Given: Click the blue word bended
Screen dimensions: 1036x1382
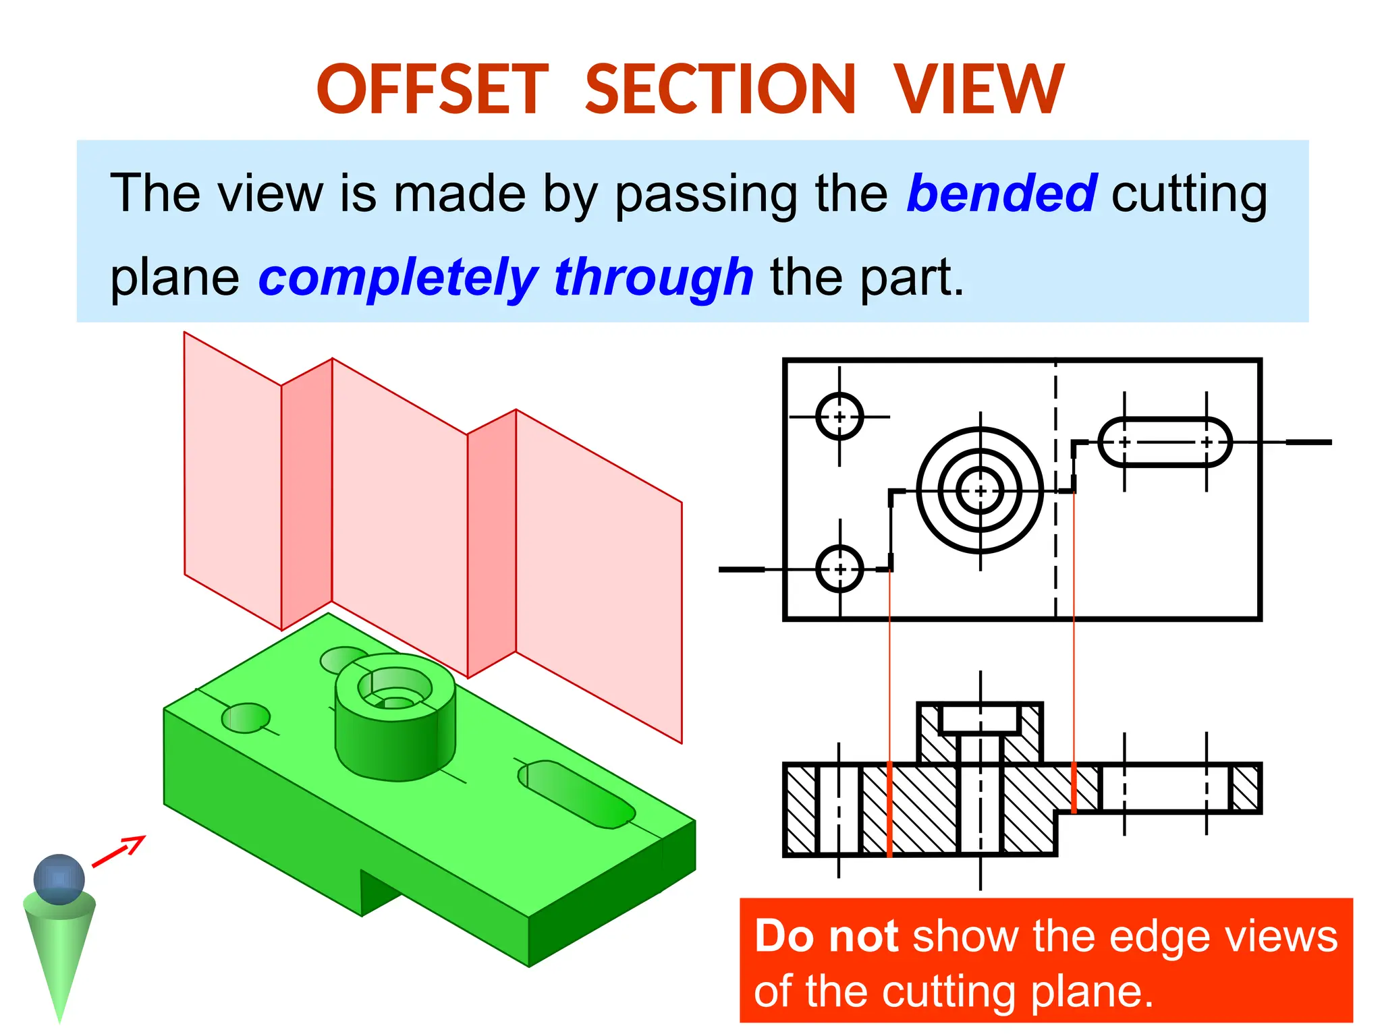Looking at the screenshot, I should pyautogui.click(x=1001, y=194).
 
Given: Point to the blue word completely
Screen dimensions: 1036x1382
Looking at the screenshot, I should pyautogui.click(x=397, y=277).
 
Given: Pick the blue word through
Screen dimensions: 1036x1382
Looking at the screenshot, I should pyautogui.click(x=653, y=277).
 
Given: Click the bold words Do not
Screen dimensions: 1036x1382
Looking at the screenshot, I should pyautogui.click(x=825, y=936).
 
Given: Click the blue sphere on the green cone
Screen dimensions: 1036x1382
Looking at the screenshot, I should pyautogui.click(x=59, y=879).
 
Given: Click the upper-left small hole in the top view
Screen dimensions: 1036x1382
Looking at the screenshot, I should pyautogui.click(x=839, y=417).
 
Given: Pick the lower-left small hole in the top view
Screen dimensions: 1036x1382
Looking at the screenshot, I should pyautogui.click(x=839, y=569).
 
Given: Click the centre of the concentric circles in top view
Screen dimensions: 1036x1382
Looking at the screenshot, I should pyautogui.click(x=980, y=490).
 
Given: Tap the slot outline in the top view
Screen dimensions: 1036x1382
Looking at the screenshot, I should pyautogui.click(x=1165, y=442).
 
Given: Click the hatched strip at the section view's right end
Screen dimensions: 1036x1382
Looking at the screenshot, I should pyautogui.click(x=1245, y=788).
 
